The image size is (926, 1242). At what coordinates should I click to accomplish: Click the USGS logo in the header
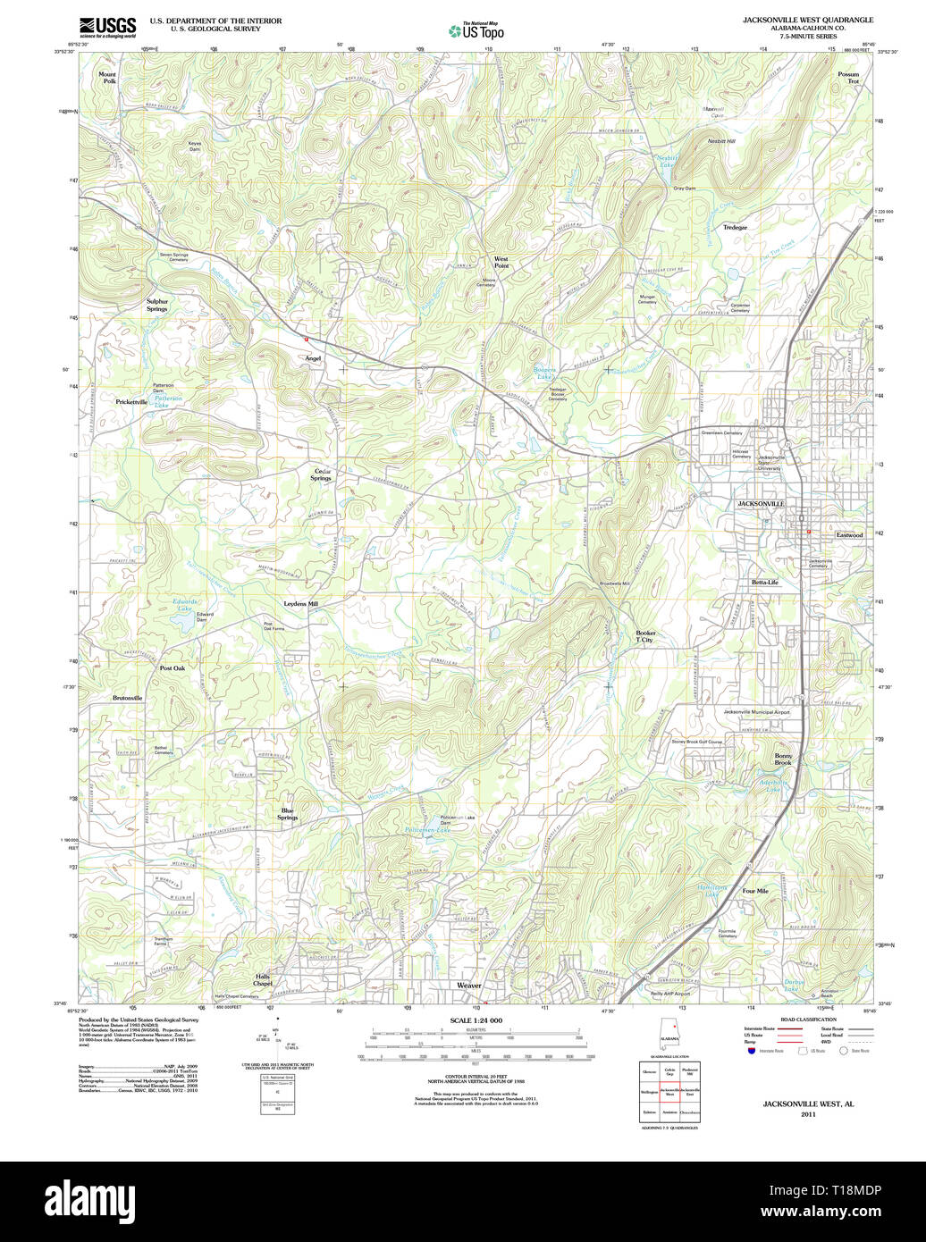click(107, 26)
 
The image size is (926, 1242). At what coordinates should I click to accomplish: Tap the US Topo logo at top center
click(476, 30)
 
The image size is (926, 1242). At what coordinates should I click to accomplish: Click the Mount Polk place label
click(107, 78)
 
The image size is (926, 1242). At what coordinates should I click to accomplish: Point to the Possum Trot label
click(848, 78)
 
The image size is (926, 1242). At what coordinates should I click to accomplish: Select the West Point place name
click(501, 261)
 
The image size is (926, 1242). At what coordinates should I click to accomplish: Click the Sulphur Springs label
click(157, 305)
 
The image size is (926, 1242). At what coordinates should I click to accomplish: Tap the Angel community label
click(313, 357)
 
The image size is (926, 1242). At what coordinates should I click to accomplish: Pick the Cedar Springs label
click(321, 474)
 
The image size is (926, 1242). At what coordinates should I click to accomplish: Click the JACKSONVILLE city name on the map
click(760, 504)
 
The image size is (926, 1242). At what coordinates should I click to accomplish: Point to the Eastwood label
click(849, 535)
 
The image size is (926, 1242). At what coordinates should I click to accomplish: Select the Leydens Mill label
click(301, 604)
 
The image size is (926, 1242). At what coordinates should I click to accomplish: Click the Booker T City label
click(644, 636)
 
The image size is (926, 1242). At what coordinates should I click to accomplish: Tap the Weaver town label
click(469, 986)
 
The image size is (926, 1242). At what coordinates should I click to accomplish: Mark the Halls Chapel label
click(262, 979)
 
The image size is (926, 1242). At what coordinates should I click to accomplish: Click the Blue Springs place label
click(288, 814)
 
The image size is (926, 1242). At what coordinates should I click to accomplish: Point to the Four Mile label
click(755, 891)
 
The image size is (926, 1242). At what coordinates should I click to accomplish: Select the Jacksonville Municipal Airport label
click(756, 712)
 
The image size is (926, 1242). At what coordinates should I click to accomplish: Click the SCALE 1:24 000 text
click(476, 1020)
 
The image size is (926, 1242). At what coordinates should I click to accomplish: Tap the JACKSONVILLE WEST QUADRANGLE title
click(808, 20)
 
